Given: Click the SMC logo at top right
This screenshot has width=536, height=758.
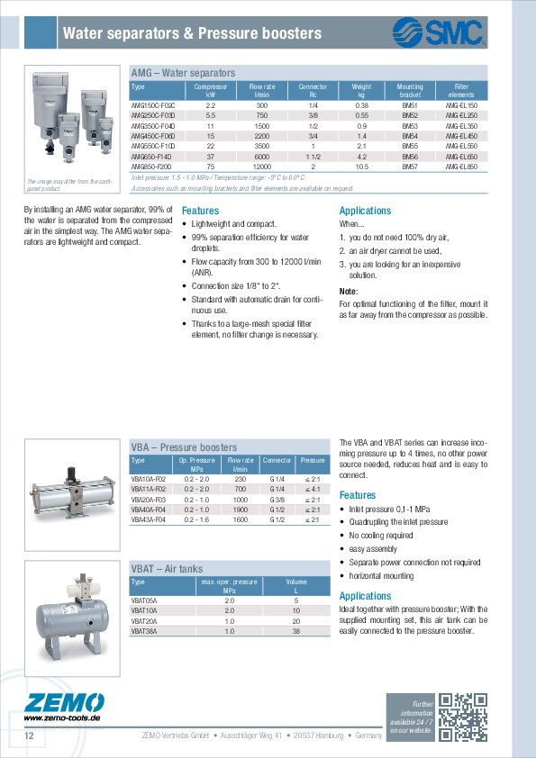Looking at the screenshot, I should [439, 33].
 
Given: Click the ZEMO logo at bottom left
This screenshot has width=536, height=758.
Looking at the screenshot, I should [63, 705].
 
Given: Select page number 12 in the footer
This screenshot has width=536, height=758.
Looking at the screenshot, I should [29, 737].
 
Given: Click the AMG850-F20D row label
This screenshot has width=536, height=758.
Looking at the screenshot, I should [151, 167].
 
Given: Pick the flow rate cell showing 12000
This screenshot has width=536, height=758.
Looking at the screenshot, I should [262, 167].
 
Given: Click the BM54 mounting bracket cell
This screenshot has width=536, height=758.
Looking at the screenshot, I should [410, 136].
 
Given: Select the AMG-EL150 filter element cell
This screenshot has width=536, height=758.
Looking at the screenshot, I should [460, 106].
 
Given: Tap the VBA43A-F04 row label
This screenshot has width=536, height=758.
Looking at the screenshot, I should [149, 519].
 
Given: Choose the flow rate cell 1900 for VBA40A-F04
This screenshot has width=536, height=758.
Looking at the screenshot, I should [241, 510].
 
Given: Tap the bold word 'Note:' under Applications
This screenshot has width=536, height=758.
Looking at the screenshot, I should [349, 292].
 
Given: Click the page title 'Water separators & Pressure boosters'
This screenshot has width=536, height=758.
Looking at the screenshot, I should [191, 34].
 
